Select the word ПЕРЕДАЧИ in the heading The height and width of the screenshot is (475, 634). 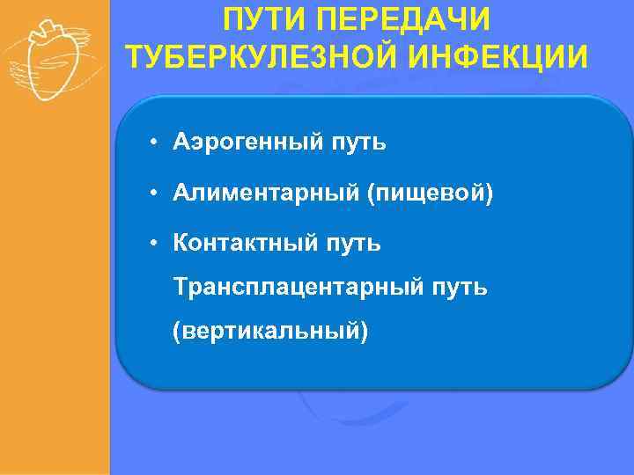pos(417,20)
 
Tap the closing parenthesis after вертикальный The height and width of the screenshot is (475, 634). pos(364,332)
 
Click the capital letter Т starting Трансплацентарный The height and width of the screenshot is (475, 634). pos(181,287)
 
